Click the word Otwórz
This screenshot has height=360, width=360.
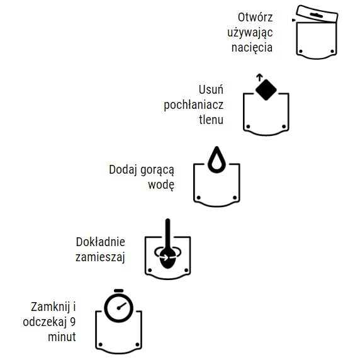point(255,17)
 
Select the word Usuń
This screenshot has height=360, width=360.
point(211,89)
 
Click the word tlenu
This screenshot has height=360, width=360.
point(211,119)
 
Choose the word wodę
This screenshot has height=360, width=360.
point(161,185)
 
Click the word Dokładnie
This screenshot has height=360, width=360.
point(101,242)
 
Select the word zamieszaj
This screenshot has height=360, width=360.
point(101,257)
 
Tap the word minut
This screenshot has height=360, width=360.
point(62,337)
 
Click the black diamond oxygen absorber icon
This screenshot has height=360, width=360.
point(266,89)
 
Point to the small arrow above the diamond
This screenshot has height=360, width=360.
point(259,77)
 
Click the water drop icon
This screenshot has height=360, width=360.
point(217,160)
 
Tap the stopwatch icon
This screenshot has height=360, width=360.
point(119,308)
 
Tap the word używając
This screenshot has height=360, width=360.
point(250,32)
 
